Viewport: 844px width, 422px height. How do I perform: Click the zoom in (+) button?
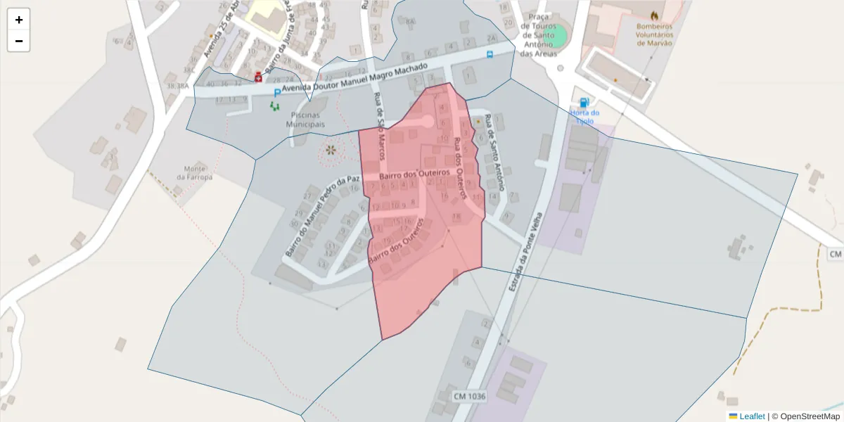click(19, 20)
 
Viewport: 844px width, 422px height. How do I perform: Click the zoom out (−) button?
click(19, 41)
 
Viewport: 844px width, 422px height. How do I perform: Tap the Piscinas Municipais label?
click(305, 120)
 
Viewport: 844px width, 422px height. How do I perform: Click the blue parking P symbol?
click(277, 92)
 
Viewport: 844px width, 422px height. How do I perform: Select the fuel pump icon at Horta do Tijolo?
click(583, 103)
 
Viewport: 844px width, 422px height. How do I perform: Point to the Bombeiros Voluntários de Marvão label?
click(653, 34)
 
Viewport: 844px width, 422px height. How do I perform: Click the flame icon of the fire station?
click(655, 15)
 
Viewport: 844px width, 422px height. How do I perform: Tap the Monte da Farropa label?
click(194, 172)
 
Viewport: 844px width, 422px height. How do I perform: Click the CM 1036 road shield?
click(469, 397)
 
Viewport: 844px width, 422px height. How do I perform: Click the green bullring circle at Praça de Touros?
click(558, 34)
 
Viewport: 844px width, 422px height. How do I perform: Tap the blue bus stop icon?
click(490, 53)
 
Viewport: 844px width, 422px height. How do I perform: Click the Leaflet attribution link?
click(751, 416)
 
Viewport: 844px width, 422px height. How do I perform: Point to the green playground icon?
click(274, 106)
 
